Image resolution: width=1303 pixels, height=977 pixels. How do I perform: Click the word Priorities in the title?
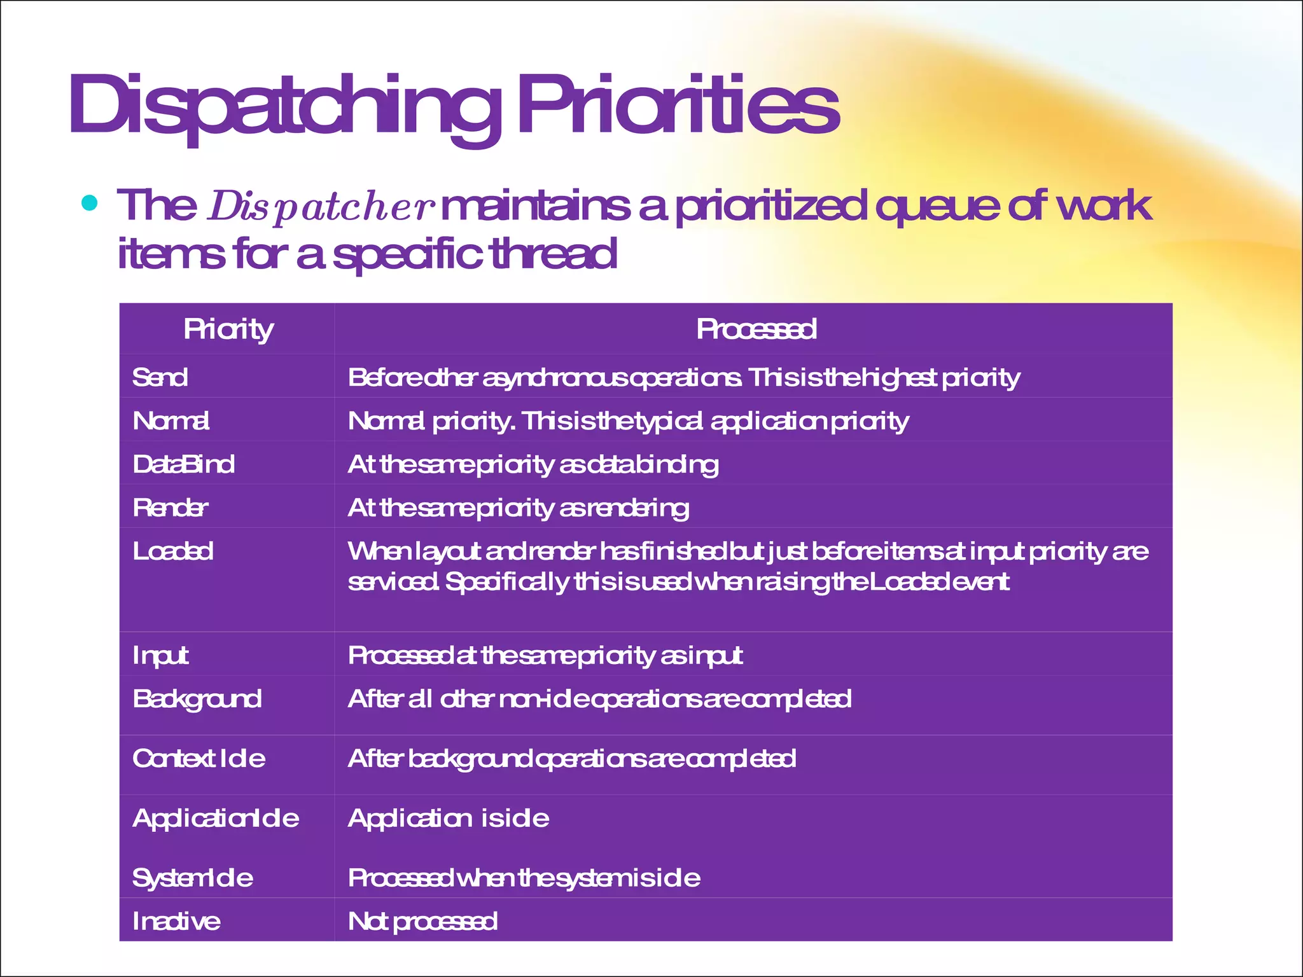[x=678, y=105]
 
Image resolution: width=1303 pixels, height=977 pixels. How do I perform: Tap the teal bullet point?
[x=90, y=203]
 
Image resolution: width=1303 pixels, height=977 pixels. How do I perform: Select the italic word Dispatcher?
[x=321, y=207]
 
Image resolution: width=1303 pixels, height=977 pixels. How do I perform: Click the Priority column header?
[x=228, y=329]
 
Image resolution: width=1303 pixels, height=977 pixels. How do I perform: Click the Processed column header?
[x=756, y=329]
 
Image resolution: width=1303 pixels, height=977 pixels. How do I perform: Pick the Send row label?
[x=160, y=377]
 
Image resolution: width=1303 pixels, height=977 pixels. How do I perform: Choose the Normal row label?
[x=171, y=421]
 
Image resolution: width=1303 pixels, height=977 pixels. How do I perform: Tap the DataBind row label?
[x=183, y=464]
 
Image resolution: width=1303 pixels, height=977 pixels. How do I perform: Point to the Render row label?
[x=170, y=508]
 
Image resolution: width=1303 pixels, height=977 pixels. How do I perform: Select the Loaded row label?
[x=172, y=551]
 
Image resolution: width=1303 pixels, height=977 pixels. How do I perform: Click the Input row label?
[x=160, y=655]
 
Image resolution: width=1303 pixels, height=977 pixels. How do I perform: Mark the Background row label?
[x=197, y=699]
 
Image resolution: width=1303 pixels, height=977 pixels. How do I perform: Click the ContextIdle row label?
[x=199, y=758]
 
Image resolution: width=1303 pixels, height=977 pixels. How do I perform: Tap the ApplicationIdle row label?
[x=216, y=818]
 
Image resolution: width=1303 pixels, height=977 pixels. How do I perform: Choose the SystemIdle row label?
[x=192, y=878]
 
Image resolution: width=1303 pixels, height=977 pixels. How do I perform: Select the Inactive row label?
[x=176, y=921]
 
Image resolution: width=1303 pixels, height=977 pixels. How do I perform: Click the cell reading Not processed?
[x=422, y=922]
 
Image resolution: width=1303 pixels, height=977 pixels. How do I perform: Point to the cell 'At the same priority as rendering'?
[x=518, y=508]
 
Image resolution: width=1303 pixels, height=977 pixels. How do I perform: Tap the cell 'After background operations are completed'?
[x=571, y=759]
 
